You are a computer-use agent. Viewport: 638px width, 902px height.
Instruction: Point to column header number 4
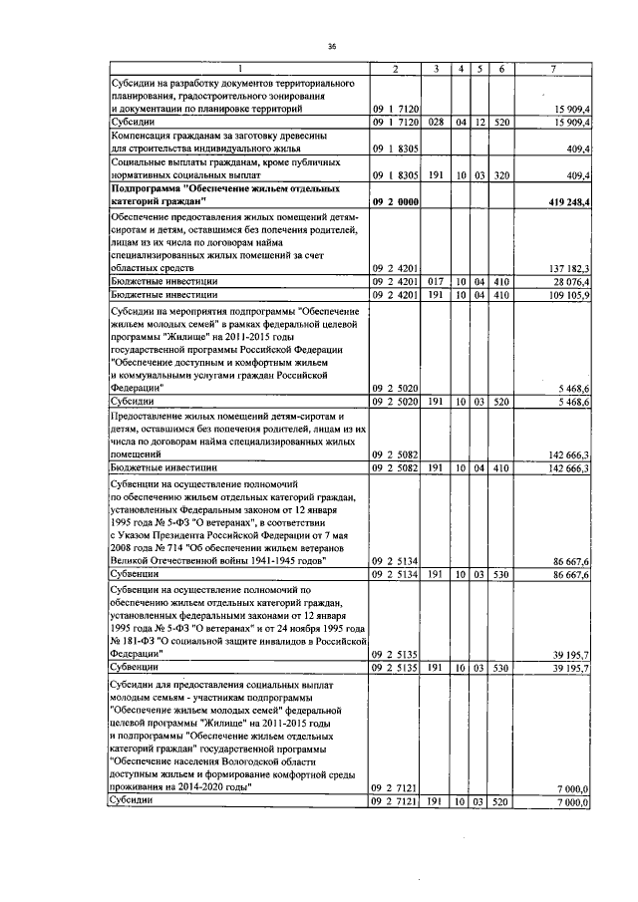coord(460,68)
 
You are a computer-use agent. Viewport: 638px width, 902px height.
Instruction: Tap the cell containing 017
coord(436,281)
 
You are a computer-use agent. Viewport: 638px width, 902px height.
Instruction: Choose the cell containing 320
coord(503,174)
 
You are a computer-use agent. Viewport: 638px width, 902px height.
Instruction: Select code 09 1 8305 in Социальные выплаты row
coord(396,174)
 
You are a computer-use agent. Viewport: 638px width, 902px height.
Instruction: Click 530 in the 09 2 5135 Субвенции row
coord(503,667)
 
